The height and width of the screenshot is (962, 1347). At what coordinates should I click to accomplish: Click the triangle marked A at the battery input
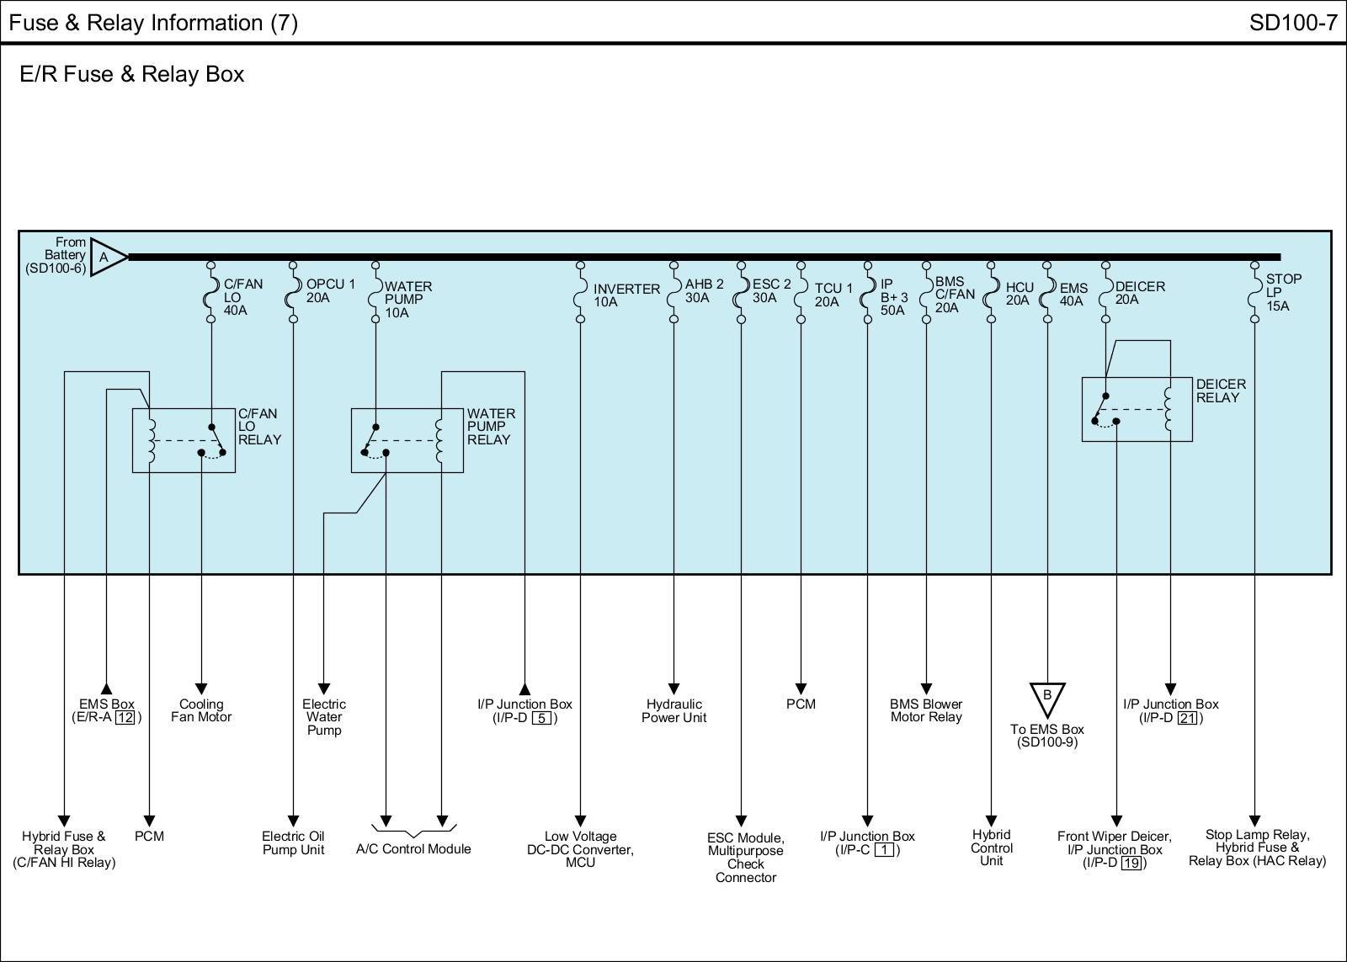pyautogui.click(x=106, y=256)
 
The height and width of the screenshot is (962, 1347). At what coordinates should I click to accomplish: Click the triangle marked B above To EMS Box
pyautogui.click(x=1047, y=697)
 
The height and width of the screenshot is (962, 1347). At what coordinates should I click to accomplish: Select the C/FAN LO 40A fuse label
pyautogui.click(x=242, y=297)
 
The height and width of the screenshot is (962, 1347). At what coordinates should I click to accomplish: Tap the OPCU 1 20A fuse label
pyautogui.click(x=330, y=290)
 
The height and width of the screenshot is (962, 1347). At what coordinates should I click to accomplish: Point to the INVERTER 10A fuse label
pyautogui.click(x=626, y=295)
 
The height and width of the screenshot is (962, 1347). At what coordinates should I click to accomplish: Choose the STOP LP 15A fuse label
pyautogui.click(x=1283, y=292)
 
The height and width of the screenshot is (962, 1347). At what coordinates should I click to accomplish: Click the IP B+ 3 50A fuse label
pyautogui.click(x=893, y=297)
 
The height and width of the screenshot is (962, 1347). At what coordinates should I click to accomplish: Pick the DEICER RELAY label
pyautogui.click(x=1221, y=391)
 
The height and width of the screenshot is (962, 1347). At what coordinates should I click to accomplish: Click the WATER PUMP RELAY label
pyautogui.click(x=491, y=427)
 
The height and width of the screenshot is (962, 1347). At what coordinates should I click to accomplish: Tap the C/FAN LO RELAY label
pyautogui.click(x=259, y=427)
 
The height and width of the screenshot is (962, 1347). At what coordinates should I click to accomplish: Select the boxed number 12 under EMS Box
pyautogui.click(x=125, y=718)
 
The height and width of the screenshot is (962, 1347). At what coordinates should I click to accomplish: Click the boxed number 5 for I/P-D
pyautogui.click(x=542, y=718)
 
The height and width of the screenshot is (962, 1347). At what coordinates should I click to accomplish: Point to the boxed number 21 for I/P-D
pyautogui.click(x=1187, y=718)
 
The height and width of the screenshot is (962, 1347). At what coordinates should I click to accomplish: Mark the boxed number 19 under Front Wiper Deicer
pyautogui.click(x=1131, y=863)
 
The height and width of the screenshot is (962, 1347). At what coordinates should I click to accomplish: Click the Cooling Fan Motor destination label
pyautogui.click(x=201, y=710)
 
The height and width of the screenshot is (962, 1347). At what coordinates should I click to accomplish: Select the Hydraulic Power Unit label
pyautogui.click(x=673, y=710)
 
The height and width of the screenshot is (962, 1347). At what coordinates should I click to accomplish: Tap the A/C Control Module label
pyautogui.click(x=413, y=848)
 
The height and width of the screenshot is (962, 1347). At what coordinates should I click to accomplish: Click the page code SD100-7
pyautogui.click(x=1293, y=23)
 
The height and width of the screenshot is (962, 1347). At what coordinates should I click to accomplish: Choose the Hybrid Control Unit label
pyautogui.click(x=991, y=848)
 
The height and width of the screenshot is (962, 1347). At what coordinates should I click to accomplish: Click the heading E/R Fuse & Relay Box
pyautogui.click(x=132, y=74)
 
